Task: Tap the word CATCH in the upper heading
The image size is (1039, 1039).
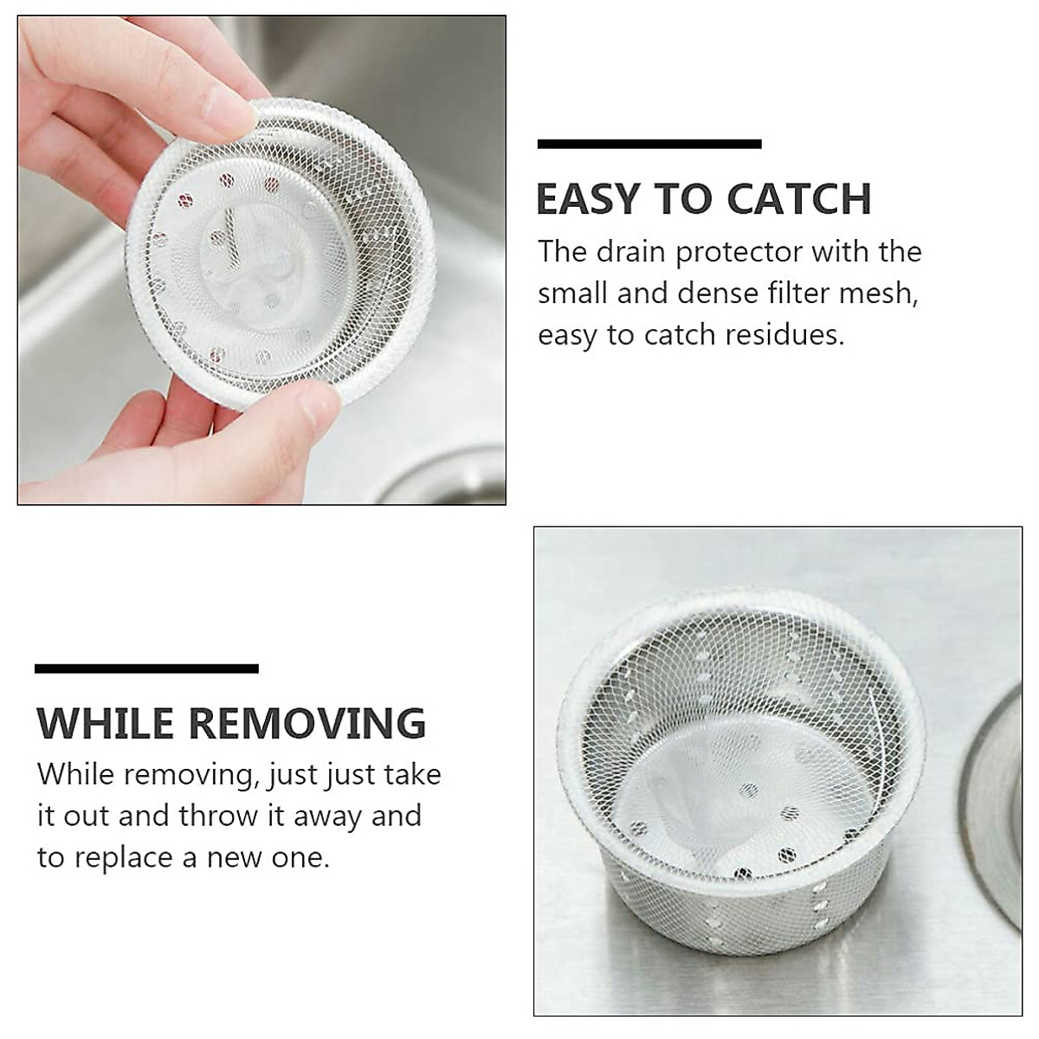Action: [799, 199]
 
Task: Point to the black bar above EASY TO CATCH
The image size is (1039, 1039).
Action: [649, 144]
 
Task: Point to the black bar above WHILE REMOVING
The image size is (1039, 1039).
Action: [146, 668]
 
